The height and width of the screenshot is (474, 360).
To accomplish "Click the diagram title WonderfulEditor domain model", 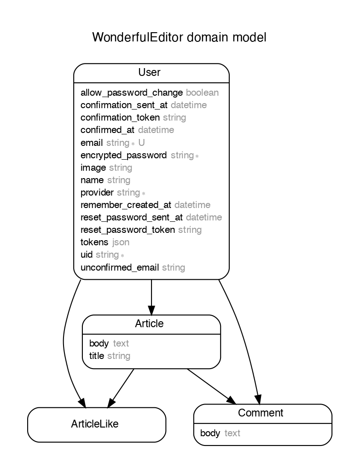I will click(179, 37).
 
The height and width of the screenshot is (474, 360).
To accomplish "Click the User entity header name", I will click(149, 72).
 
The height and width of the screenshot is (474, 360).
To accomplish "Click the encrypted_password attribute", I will click(123, 155).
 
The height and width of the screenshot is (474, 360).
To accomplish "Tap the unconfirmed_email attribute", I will click(120, 267).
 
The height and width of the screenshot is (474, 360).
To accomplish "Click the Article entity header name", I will click(149, 324).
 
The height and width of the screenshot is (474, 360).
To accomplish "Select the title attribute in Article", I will click(97, 356).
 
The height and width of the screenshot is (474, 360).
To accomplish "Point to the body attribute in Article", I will click(99, 343).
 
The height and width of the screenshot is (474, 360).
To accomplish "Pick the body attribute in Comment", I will click(210, 434).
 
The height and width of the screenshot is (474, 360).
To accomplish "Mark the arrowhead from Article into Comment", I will click(232, 400).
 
